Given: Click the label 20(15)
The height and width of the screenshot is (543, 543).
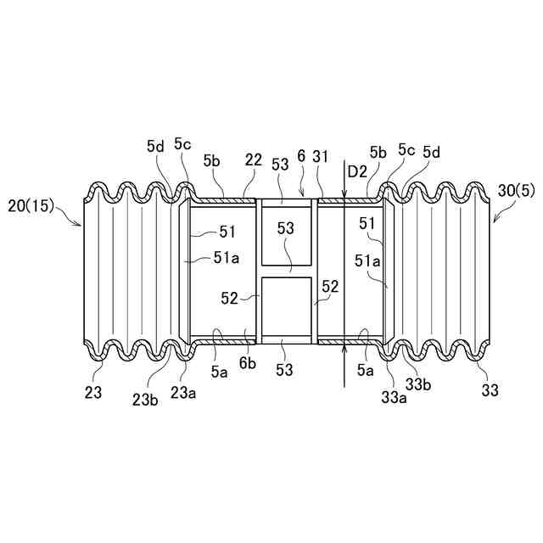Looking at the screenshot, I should [x=31, y=205].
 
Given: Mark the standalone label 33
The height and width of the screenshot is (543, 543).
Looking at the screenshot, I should [x=489, y=391].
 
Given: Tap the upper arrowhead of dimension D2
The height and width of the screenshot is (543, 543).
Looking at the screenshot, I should [x=343, y=197].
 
